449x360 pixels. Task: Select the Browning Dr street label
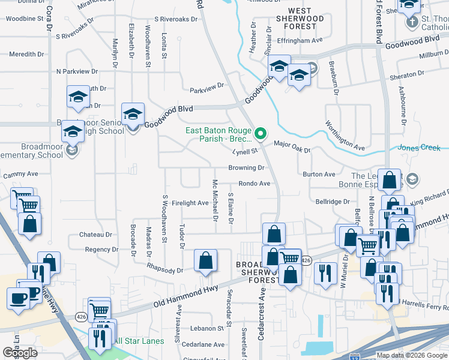pos(246,169)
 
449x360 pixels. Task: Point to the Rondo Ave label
pos(254,184)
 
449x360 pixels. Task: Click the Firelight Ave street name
pos(190,203)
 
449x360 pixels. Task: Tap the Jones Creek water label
pos(423,148)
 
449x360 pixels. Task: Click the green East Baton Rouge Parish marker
pos(261,133)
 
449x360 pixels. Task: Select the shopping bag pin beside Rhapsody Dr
pos(205,261)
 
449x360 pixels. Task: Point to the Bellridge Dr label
pos(333,202)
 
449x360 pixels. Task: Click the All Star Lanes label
pos(139,341)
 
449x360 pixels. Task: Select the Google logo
pos(20,352)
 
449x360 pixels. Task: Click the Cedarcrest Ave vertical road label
pos(261,315)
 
